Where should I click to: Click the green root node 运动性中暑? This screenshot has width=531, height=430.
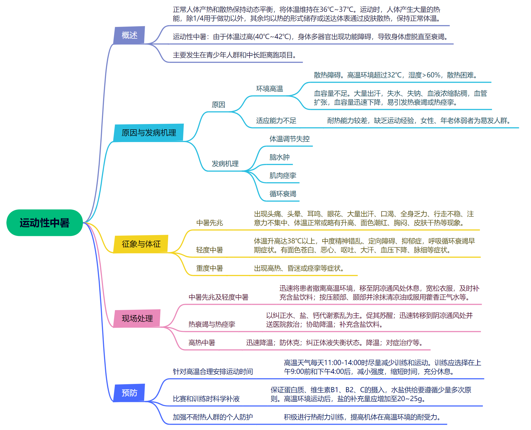pyautogui.click(x=44, y=223)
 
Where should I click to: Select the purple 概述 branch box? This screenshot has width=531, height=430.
pyautogui.click(x=129, y=35)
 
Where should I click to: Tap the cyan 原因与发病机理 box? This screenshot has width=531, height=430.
pyautogui.click(x=149, y=133)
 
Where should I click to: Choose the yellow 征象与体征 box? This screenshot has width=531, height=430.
pyautogui.click(x=141, y=244)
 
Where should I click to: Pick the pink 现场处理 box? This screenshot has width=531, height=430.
pyautogui.click(x=137, y=318)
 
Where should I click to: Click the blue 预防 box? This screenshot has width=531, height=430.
pyautogui.click(x=129, y=393)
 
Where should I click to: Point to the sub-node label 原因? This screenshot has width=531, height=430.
pyautogui.click(x=218, y=105)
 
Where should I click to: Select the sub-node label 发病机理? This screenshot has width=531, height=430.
pyautogui.click(x=225, y=164)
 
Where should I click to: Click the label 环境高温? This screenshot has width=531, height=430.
pyautogui.click(x=269, y=89)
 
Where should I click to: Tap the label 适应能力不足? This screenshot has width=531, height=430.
pyautogui.click(x=276, y=120)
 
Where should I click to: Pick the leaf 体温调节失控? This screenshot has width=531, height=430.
pyautogui.click(x=289, y=139)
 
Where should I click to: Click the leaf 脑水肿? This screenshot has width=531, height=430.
pyautogui.click(x=279, y=157)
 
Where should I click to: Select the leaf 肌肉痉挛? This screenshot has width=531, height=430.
pyautogui.click(x=283, y=175)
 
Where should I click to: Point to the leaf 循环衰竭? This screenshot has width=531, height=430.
pyautogui.click(x=283, y=194)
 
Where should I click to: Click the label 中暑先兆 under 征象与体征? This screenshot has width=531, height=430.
pyautogui.click(x=209, y=223)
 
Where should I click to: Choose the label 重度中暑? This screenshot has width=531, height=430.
pyautogui.click(x=209, y=268)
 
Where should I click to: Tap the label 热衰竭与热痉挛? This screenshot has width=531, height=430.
pyautogui.click(x=212, y=324)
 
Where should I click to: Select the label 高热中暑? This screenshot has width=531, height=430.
pyautogui.click(x=202, y=343)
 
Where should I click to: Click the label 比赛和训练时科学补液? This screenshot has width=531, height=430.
pyautogui.click(x=206, y=399)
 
